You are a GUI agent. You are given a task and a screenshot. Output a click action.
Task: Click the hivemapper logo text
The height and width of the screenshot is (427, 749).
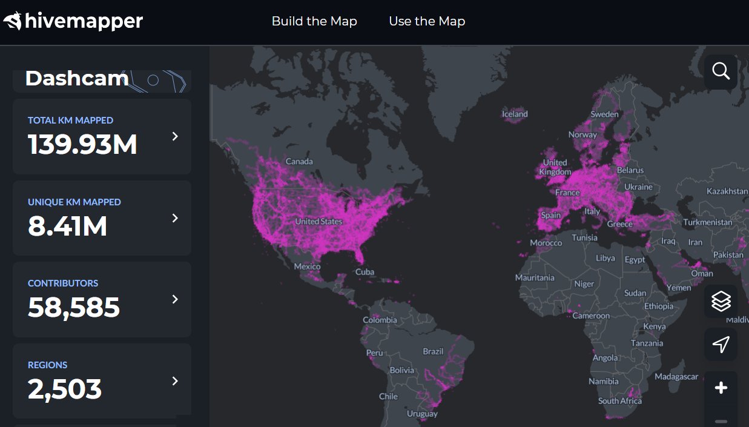click(83, 22)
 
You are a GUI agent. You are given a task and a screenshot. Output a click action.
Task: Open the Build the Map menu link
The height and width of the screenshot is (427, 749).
click(314, 21)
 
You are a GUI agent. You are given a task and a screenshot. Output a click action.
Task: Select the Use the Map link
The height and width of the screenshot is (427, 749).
click(427, 21)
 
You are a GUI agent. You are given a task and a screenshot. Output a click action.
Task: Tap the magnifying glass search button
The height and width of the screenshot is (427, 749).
click(721, 71)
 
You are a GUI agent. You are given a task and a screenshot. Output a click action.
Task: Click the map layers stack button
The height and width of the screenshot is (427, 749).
click(721, 301)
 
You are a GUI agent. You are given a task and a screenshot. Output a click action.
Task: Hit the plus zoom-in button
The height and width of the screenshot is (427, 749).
click(721, 388)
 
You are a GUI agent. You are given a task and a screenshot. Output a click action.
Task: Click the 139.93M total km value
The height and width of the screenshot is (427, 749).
click(82, 145)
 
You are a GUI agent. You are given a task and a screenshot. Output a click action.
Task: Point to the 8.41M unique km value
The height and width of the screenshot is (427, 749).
click(67, 227)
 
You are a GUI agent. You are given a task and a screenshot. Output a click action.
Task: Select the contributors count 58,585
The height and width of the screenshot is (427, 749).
click(74, 308)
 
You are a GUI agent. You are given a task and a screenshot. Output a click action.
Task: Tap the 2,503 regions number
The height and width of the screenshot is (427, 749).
click(65, 389)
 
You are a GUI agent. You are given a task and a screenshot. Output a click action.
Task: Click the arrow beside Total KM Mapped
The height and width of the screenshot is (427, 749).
click(175, 136)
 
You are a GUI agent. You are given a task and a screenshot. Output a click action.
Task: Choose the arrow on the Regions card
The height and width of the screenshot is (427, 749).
click(175, 381)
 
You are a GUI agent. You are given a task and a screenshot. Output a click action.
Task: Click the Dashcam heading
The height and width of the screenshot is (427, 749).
click(76, 79)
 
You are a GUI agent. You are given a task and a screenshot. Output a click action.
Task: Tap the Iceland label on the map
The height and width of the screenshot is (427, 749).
click(515, 114)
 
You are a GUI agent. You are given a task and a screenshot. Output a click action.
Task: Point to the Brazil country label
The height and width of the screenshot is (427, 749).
click(433, 351)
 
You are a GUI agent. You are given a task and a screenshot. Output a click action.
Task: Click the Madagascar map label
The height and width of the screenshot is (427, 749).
click(676, 377)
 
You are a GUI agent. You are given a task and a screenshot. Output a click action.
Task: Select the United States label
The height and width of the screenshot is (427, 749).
click(318, 222)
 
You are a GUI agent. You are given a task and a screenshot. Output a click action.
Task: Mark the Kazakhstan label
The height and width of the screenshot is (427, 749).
click(727, 191)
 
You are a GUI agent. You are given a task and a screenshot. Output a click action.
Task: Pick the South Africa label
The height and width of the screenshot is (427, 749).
click(619, 401)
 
